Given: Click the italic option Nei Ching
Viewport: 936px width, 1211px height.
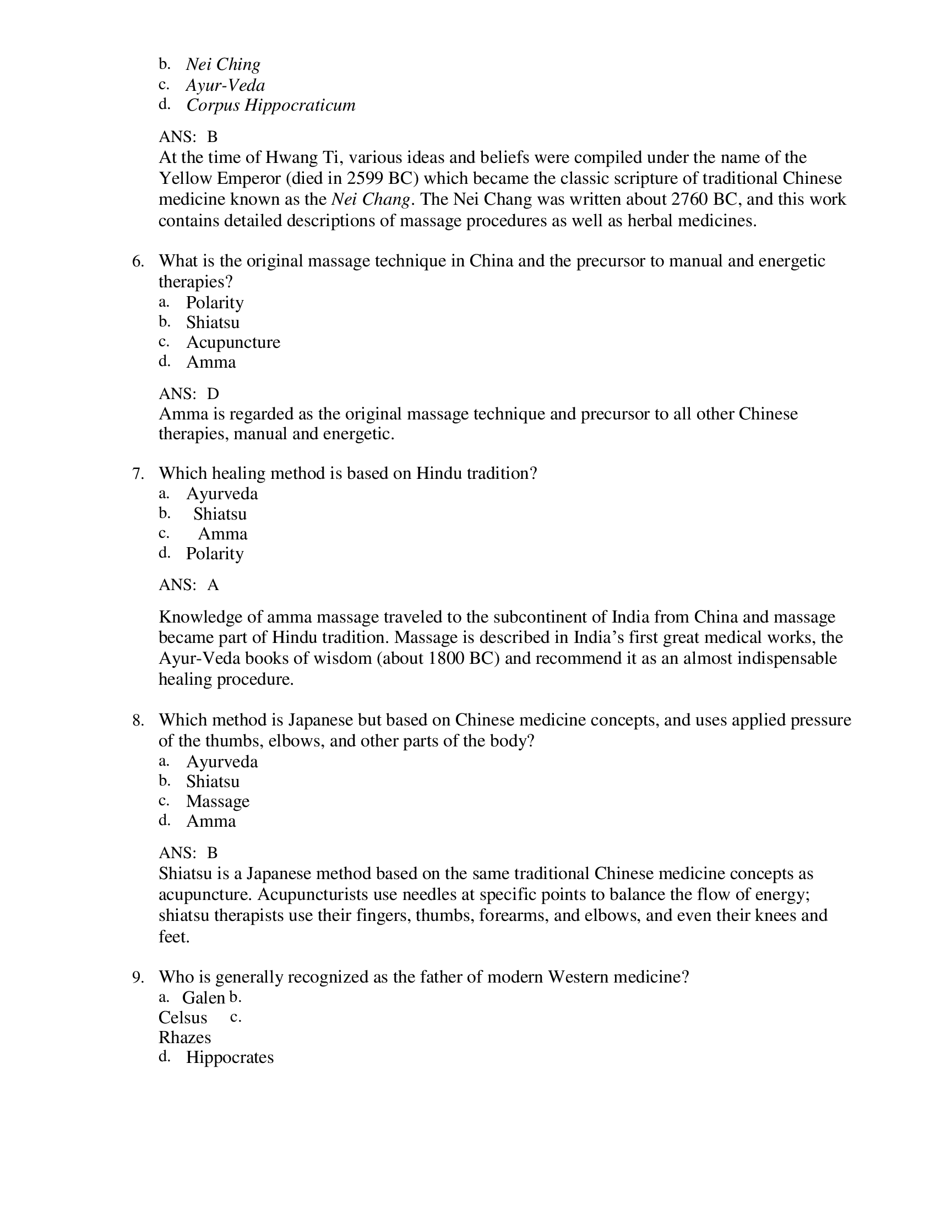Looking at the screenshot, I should (x=223, y=64).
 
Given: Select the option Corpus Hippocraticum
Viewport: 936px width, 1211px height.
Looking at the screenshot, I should (x=270, y=105).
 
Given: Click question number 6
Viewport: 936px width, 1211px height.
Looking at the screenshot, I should (x=138, y=261).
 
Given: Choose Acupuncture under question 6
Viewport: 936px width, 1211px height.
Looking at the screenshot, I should (x=233, y=342).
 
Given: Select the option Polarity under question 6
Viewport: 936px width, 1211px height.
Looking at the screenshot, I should (x=215, y=302).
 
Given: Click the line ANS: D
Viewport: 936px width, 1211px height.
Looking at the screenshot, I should (x=188, y=394).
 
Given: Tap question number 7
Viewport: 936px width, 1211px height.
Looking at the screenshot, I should (x=138, y=473).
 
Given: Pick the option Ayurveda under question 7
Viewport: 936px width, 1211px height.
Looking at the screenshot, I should (x=222, y=494).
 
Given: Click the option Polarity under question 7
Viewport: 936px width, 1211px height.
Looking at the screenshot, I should (x=215, y=553).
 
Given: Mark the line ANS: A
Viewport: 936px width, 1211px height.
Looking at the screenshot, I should (x=188, y=585).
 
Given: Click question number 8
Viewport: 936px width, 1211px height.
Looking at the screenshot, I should (x=138, y=721).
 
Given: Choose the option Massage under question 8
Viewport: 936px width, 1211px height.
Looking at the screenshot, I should (x=217, y=801).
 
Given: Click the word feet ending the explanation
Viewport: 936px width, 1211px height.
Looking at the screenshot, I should (x=173, y=937).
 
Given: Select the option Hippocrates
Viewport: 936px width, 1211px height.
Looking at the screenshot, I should (x=230, y=1057).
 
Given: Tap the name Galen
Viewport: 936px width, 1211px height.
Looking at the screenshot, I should (x=203, y=997).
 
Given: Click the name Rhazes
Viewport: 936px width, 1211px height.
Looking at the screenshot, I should (x=184, y=1038).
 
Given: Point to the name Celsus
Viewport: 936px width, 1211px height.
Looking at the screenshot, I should (x=182, y=1017).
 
